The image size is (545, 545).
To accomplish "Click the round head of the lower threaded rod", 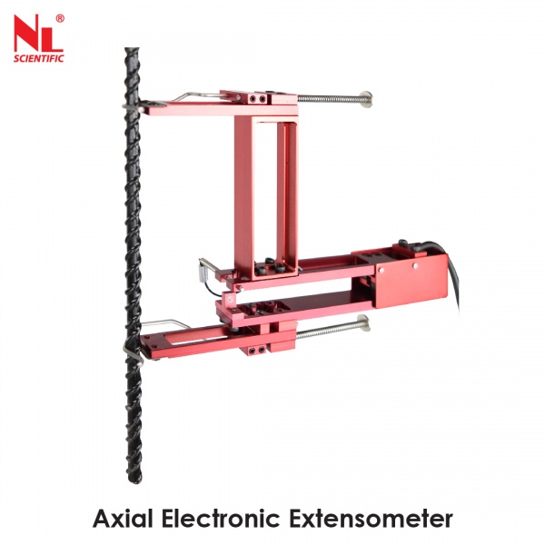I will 364,320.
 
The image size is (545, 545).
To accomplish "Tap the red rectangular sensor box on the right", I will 411,281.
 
